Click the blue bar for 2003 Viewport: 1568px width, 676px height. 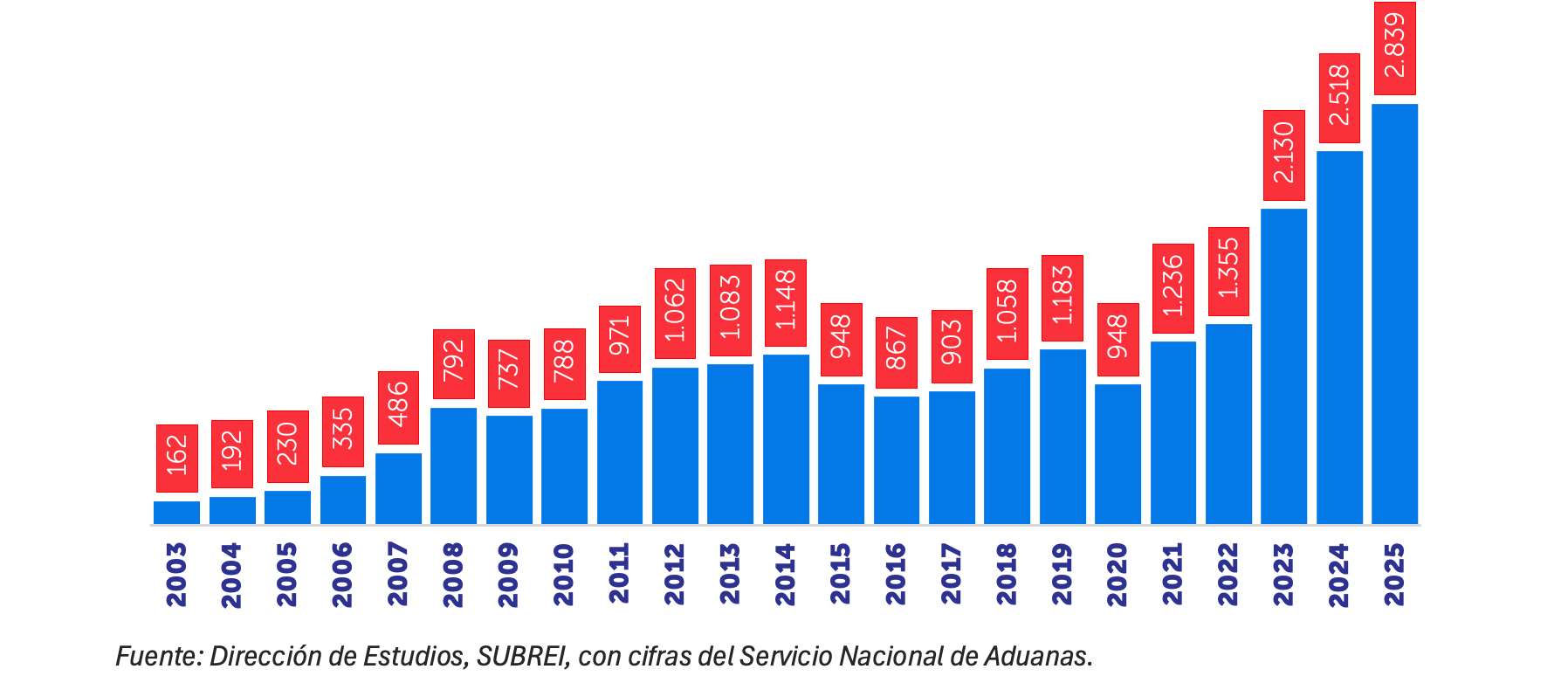(x=176, y=513)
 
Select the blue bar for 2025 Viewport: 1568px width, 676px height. (x=1394, y=314)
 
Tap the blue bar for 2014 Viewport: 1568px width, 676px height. (x=786, y=439)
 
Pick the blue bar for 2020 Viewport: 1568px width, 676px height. (x=1118, y=454)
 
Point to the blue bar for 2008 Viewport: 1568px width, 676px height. (x=453, y=466)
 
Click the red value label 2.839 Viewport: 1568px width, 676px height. (x=1394, y=48)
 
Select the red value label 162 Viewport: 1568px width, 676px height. (x=176, y=458)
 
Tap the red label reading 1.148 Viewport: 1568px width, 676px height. (x=786, y=303)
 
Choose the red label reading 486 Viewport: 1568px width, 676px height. (x=398, y=407)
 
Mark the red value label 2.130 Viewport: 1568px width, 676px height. (x=1283, y=155)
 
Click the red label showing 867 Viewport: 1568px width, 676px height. (x=896, y=352)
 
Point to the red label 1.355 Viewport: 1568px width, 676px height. (x=1228, y=271)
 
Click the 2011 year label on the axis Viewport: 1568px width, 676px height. (x=620, y=574)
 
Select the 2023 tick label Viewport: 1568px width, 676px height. (x=1283, y=574)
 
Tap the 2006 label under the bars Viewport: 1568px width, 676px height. (x=343, y=574)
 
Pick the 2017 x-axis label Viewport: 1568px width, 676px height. (x=952, y=574)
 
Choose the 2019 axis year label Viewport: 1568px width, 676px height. (x=1063, y=574)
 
